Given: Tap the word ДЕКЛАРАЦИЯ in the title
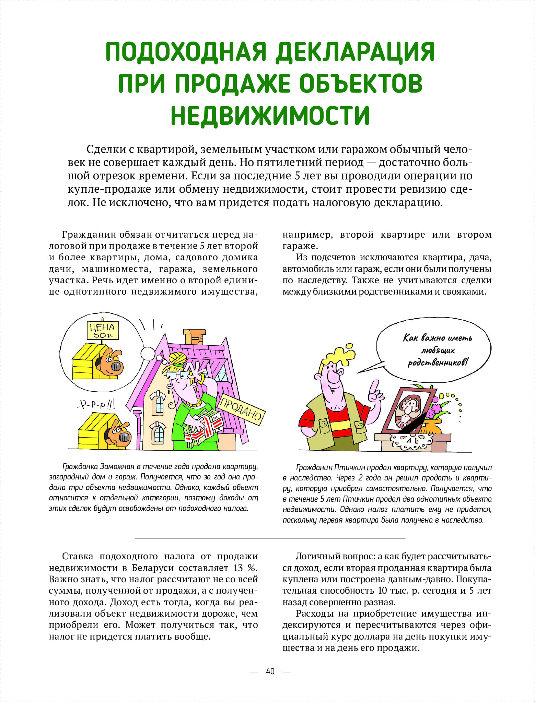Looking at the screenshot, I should [x=355, y=52].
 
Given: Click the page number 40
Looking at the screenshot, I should [x=270, y=671].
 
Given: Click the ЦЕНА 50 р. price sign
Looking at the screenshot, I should [x=102, y=330].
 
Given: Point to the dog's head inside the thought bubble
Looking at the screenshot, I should [x=111, y=363].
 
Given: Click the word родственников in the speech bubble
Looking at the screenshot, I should [x=437, y=363].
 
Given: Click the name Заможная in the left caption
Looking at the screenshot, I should [x=117, y=466].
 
